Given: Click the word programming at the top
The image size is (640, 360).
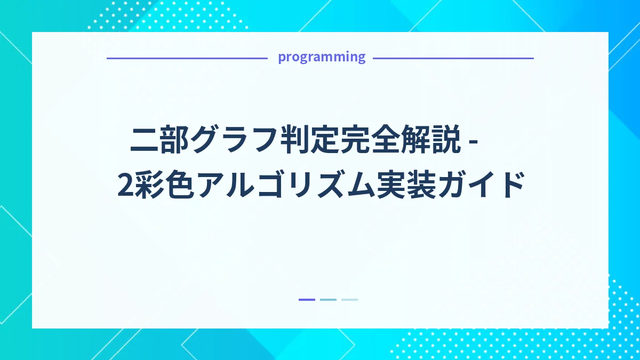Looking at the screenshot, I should coord(322,57).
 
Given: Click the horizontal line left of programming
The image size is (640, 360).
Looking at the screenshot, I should coord(187,58).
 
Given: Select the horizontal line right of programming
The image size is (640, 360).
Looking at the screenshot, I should coord(453,58).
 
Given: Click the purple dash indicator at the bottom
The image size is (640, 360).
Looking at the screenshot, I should coord(307,300).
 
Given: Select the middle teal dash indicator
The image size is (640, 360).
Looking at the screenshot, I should coord(328,300).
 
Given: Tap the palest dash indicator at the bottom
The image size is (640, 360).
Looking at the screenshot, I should coord(349,300).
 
